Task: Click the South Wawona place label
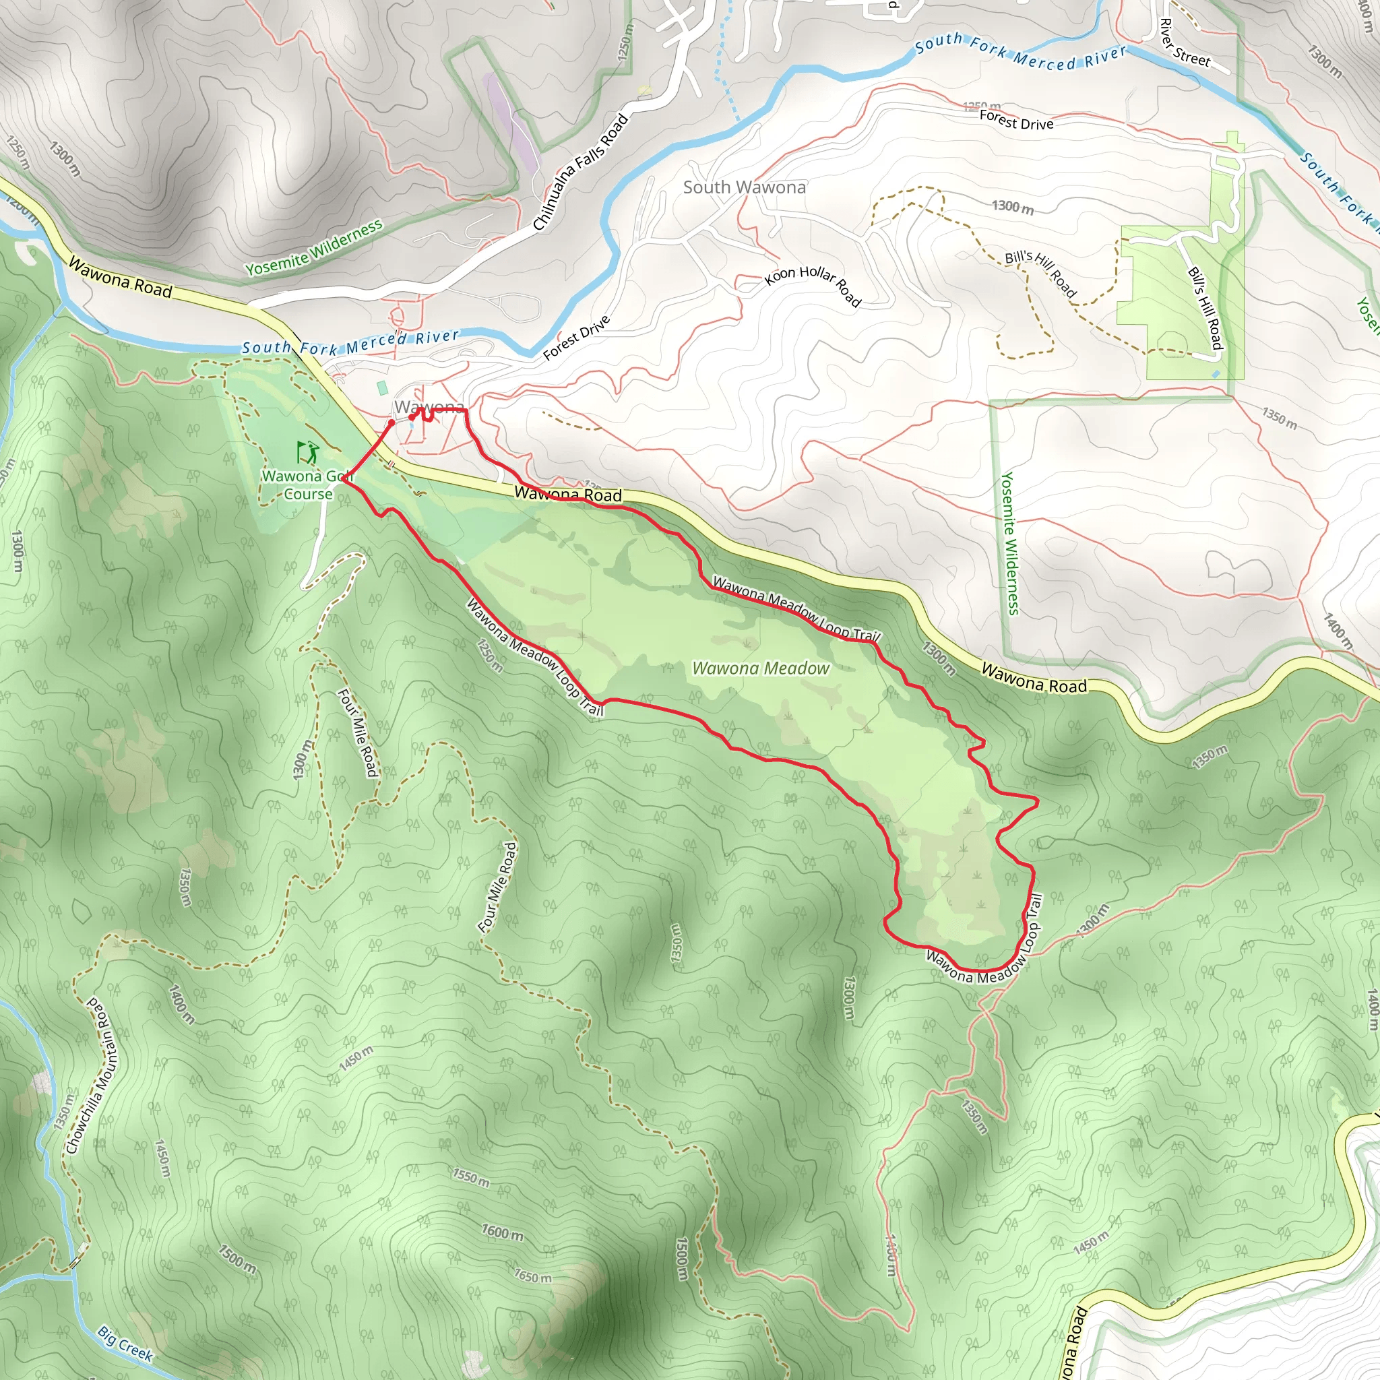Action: pyautogui.click(x=745, y=187)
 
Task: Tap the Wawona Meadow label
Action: pyautogui.click(x=761, y=668)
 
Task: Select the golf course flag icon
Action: pyautogui.click(x=307, y=451)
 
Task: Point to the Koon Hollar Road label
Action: pyautogui.click(x=813, y=285)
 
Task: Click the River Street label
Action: pyautogui.click(x=1185, y=43)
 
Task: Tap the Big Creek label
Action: pyautogui.click(x=126, y=1344)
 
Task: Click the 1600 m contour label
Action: pyautogui.click(x=502, y=1232)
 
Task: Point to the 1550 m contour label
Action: pyautogui.click(x=471, y=1177)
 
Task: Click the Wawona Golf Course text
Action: pyautogui.click(x=308, y=485)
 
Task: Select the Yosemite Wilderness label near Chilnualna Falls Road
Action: pyautogui.click(x=314, y=248)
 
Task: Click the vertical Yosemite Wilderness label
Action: pyautogui.click(x=1009, y=543)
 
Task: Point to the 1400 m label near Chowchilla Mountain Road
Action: pyautogui.click(x=181, y=1003)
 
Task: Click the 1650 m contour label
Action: pyautogui.click(x=533, y=1275)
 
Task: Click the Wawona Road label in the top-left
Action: pyautogui.click(x=120, y=278)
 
